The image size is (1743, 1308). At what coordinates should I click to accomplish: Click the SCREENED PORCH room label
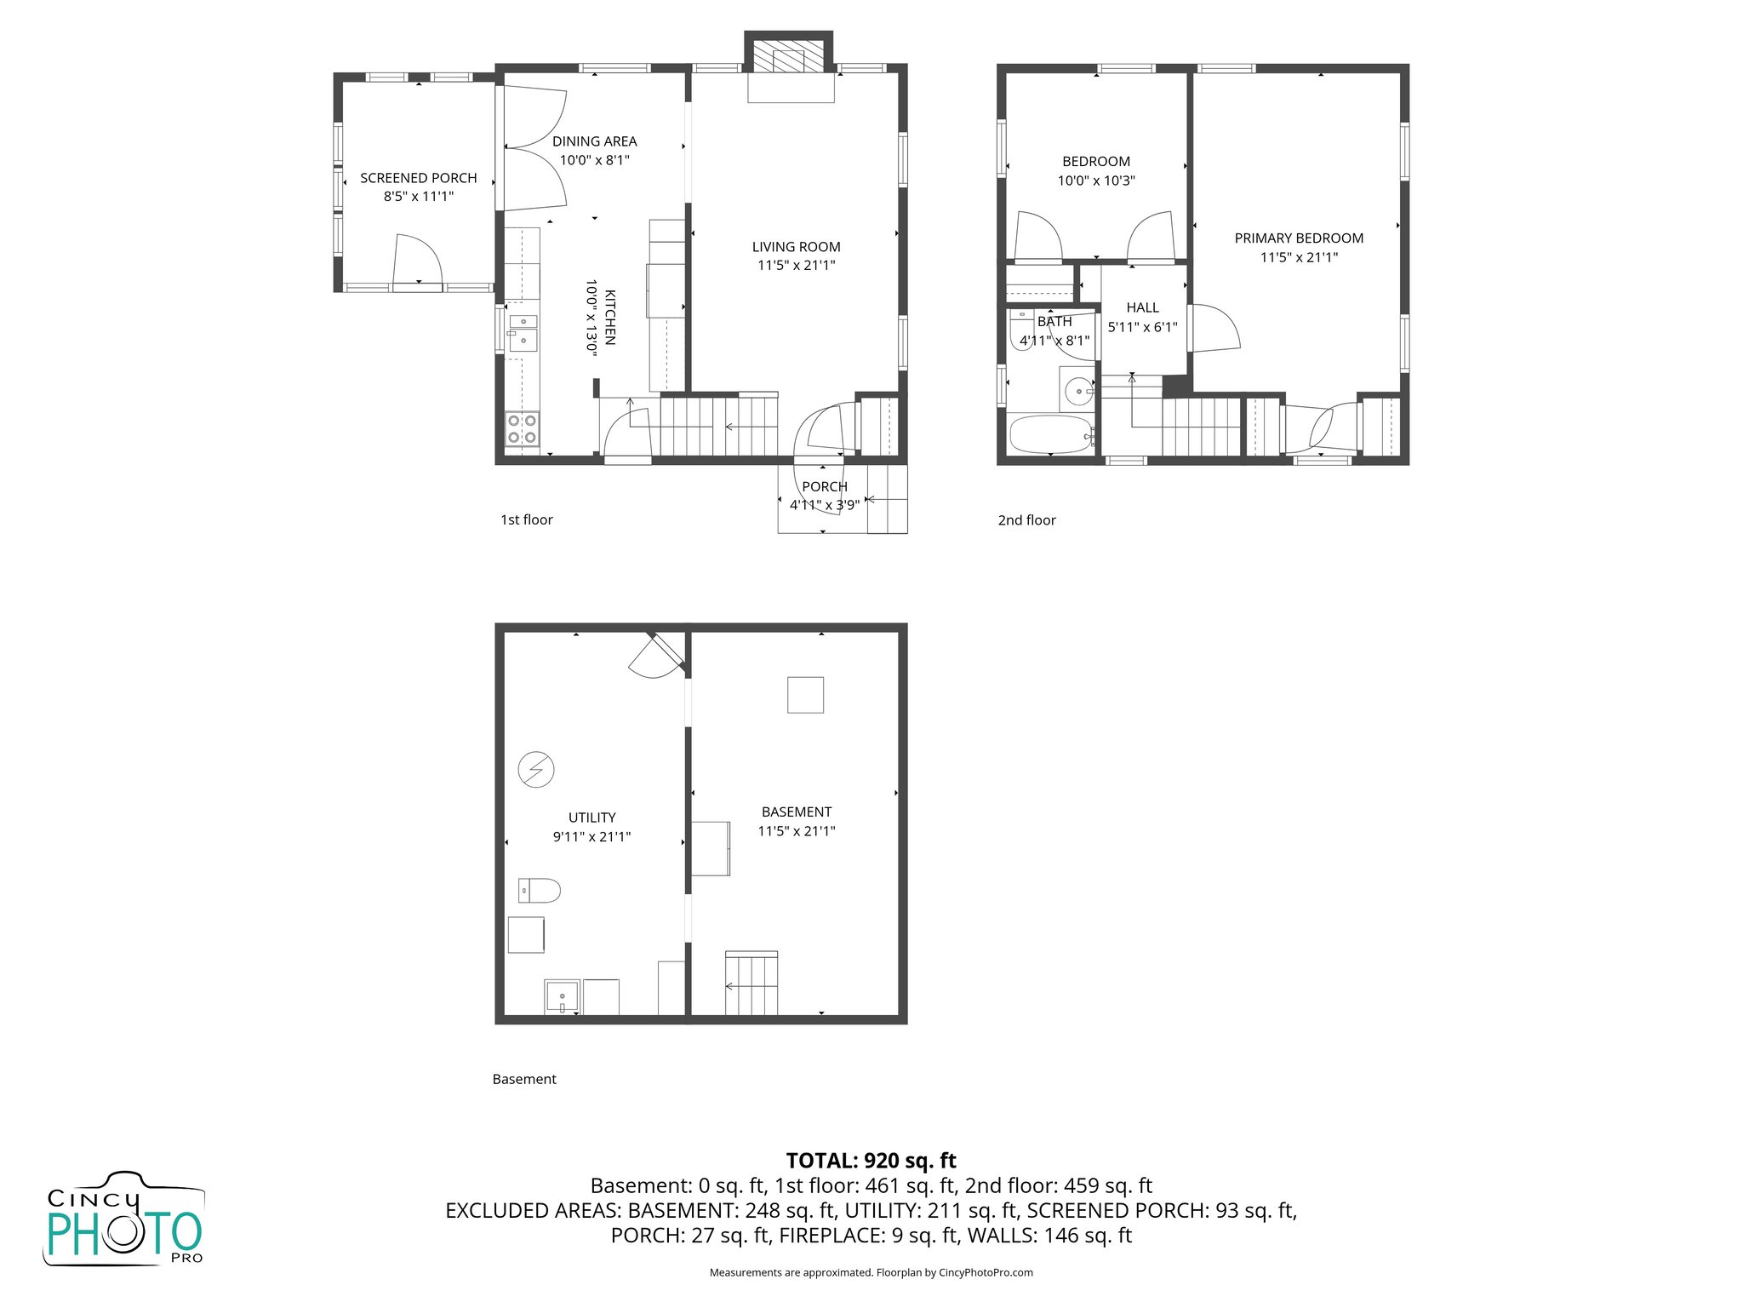click(418, 178)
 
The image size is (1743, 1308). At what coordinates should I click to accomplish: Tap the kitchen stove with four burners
click(522, 429)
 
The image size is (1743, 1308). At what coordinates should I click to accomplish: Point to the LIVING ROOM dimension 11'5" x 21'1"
click(796, 266)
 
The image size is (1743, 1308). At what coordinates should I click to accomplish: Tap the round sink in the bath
click(1078, 392)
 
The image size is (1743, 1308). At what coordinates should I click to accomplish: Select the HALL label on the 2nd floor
click(1142, 307)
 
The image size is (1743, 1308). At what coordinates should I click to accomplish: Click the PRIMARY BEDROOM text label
click(1298, 238)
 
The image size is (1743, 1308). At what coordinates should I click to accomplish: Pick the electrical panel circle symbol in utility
click(536, 770)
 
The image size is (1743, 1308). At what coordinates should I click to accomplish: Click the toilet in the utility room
click(540, 891)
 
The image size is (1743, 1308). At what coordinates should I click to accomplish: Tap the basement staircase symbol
click(751, 984)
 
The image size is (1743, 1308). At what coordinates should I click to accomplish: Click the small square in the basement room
click(805, 694)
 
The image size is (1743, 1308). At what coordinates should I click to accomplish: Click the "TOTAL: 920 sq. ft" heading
click(871, 1161)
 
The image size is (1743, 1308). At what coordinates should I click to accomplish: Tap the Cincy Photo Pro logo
click(124, 1219)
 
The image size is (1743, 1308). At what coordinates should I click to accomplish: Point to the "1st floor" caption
click(526, 519)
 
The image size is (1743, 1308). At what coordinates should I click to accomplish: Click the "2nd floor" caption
click(1026, 520)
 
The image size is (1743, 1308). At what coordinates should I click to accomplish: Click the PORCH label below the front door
click(824, 486)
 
